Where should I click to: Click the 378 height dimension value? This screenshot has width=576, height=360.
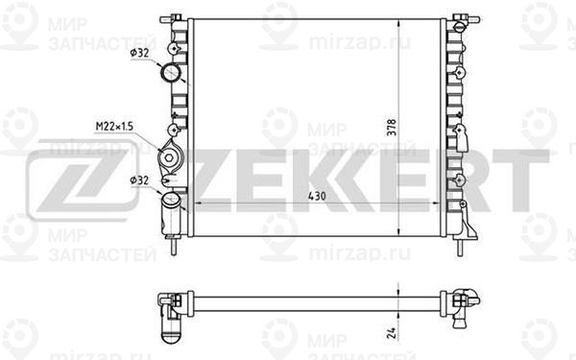(x=393, y=128)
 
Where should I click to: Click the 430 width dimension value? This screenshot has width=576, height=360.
(x=316, y=196)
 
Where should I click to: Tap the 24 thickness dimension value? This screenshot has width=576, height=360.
(x=392, y=333)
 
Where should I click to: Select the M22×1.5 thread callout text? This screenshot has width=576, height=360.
(x=114, y=127)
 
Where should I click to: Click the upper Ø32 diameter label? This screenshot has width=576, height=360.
(x=139, y=53)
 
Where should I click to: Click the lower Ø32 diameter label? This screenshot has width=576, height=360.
(x=139, y=180)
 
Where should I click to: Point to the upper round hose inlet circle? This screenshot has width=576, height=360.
(x=171, y=73)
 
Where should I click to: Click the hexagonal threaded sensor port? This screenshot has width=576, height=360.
(x=169, y=158)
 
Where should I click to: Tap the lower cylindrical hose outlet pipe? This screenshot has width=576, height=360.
(x=171, y=214)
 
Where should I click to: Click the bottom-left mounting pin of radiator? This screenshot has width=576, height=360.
(x=174, y=246)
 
